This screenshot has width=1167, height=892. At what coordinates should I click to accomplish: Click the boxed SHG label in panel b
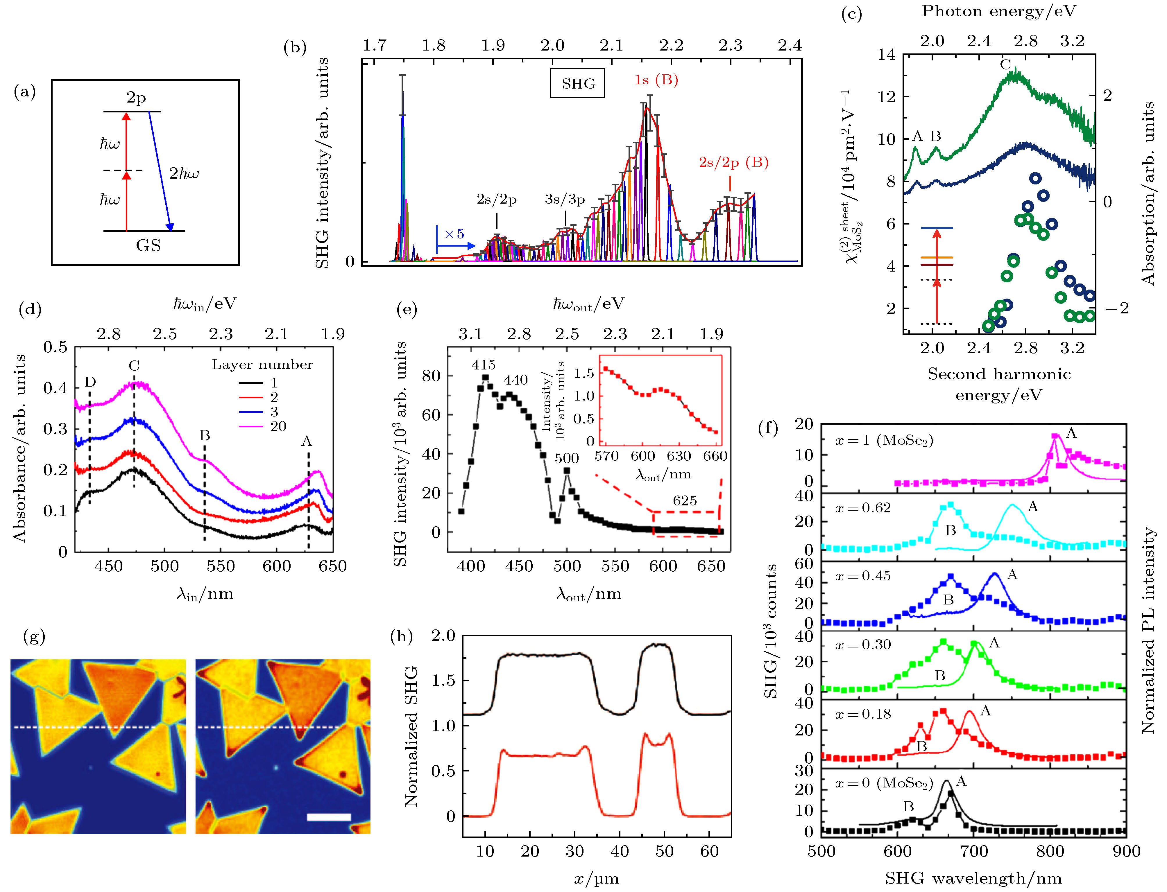(577, 83)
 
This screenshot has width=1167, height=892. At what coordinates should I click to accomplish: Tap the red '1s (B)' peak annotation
(656, 80)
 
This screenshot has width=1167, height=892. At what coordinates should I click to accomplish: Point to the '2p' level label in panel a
(136, 98)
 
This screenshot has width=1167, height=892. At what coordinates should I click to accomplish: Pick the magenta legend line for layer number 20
(251, 426)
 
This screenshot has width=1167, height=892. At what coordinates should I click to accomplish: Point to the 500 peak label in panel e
(567, 458)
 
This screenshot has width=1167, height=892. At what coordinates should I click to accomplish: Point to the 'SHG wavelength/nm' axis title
(973, 879)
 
